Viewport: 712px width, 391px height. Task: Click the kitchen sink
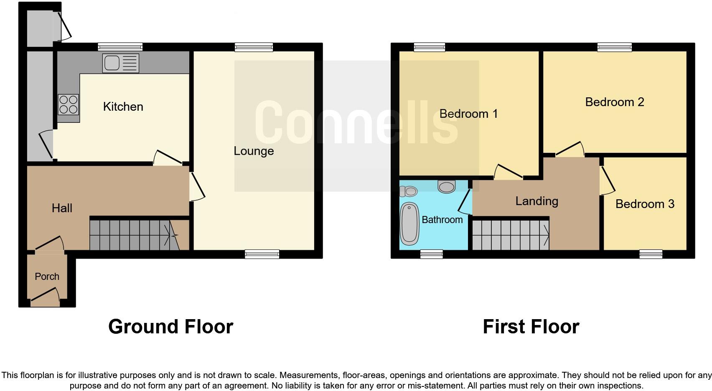120,63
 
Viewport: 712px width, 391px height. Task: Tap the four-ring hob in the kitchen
69,104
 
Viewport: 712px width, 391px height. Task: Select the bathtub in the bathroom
409,224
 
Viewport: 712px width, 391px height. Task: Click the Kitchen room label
123,107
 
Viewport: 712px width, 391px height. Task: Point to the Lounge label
254,151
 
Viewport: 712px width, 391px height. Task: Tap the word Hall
62,208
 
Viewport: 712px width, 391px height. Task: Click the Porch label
47,277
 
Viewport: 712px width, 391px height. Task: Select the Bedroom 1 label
468,114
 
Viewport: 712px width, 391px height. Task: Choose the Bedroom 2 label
614,102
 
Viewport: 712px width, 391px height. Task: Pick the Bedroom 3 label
645,204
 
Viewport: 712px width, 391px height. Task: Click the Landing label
537,201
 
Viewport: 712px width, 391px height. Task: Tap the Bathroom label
442,220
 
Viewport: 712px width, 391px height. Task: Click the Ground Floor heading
170,327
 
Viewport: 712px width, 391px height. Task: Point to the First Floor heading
531,327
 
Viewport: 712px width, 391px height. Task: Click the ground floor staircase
134,235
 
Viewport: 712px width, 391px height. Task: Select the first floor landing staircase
511,235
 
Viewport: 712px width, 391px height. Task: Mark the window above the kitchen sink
120,47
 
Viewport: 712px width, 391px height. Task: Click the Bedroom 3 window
651,254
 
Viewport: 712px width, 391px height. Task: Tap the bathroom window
431,254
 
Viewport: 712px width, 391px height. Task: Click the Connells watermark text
356,122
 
